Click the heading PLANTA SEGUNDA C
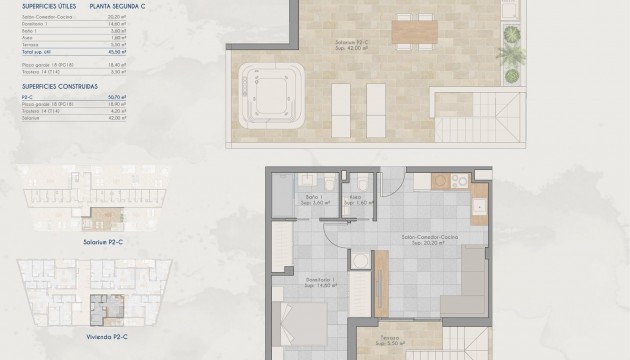tap(116, 6)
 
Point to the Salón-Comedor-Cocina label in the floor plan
tap(424, 238)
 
